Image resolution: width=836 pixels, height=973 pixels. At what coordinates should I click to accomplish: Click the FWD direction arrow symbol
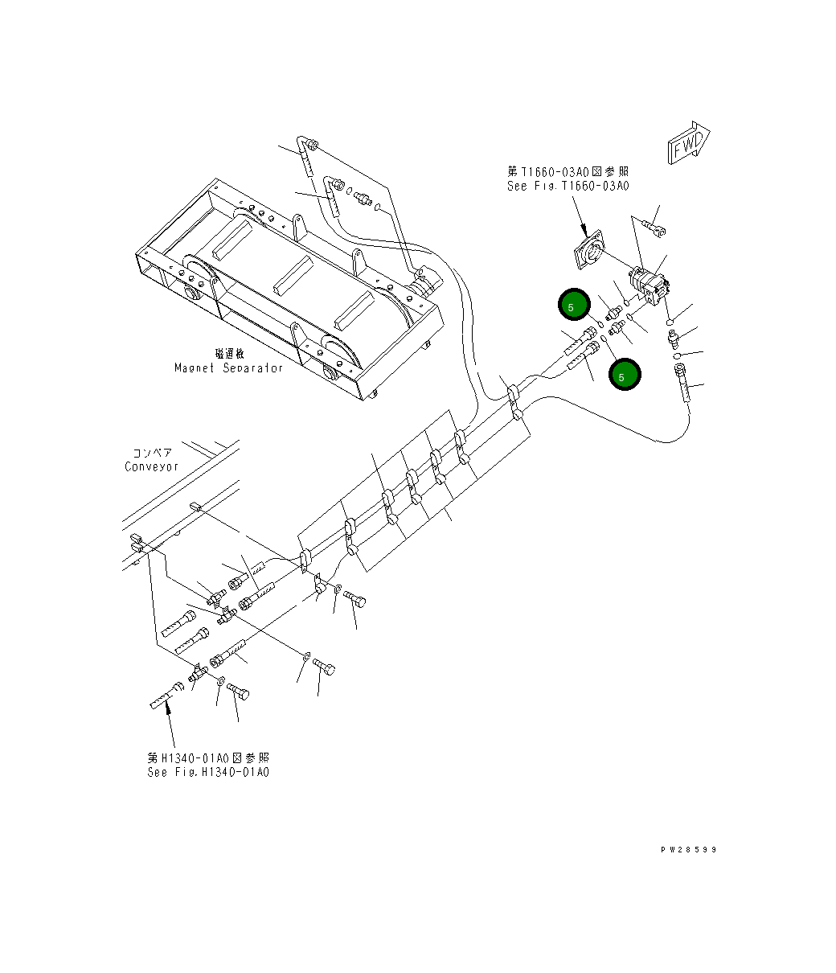(x=688, y=143)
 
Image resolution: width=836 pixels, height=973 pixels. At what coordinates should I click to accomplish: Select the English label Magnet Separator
(x=229, y=367)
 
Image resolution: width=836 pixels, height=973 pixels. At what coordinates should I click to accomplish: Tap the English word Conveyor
(x=151, y=467)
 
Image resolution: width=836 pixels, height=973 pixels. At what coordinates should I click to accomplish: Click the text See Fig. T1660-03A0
(x=568, y=186)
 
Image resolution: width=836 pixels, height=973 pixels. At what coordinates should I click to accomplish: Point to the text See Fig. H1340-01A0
(x=208, y=772)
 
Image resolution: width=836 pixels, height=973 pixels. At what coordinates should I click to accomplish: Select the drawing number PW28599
(x=688, y=849)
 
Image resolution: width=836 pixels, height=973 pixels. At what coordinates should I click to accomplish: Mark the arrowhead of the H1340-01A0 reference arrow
(x=167, y=705)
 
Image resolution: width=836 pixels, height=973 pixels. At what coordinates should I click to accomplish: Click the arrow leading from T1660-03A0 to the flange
(x=580, y=216)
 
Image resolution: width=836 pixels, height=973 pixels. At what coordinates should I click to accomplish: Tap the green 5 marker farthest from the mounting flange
(x=625, y=375)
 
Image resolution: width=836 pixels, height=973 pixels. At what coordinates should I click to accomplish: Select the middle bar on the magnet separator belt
(x=293, y=275)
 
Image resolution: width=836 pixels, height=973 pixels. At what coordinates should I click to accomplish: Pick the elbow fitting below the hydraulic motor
(x=674, y=339)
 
